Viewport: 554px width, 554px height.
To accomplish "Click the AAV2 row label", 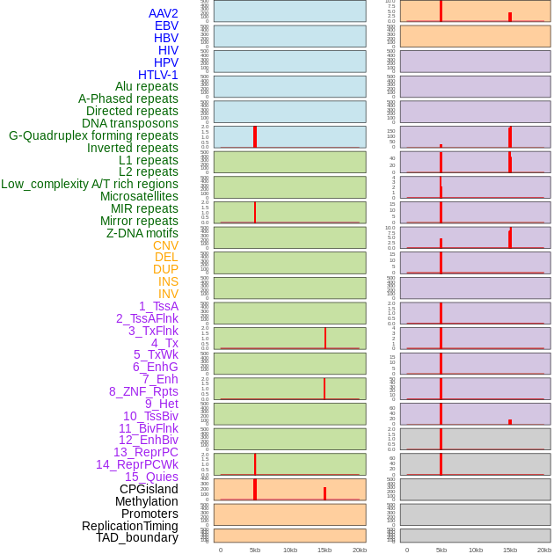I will tap(163, 13).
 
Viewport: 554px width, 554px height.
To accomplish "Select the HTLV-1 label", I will tap(157, 75).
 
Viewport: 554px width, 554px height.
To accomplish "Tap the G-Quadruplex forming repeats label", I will tap(93, 135).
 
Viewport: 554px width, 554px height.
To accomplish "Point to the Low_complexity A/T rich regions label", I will tap(90, 184).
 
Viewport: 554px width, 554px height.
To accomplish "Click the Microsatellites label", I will tap(139, 196).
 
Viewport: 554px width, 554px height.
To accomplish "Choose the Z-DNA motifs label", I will tap(142, 233).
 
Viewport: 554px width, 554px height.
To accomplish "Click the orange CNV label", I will tap(165, 245).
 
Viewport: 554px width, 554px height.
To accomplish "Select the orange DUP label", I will tap(165, 269).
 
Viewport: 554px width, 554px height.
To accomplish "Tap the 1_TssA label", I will tap(158, 306).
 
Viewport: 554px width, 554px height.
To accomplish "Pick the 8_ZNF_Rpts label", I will tap(143, 391).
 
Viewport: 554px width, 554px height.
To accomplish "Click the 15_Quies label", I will tap(151, 477).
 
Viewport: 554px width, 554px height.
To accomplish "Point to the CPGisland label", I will tap(149, 489).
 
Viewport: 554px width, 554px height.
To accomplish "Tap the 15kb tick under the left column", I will tap(324, 550).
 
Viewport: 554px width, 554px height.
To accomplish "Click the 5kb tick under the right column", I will tap(441, 550).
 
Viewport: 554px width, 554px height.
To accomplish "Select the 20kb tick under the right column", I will tap(544, 550).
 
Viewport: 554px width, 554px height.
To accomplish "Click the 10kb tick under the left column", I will tap(290, 550).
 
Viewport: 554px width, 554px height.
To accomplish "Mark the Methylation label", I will tap(147, 501).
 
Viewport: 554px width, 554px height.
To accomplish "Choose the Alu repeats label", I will tap(147, 86).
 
